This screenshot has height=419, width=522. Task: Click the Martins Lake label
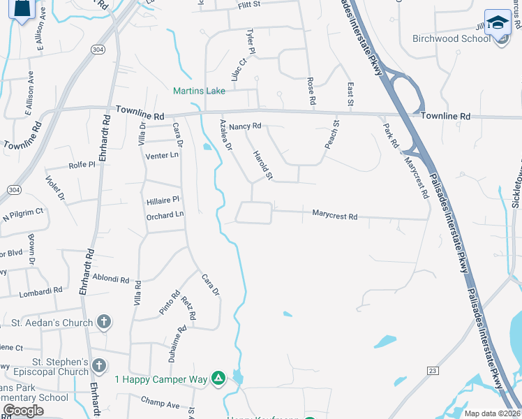(200, 91)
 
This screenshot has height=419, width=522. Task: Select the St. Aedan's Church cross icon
(103, 322)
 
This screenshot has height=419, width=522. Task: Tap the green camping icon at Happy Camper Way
(218, 379)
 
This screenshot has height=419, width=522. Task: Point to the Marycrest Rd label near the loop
(334, 216)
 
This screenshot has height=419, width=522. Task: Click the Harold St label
(262, 165)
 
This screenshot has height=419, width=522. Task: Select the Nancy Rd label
(245, 126)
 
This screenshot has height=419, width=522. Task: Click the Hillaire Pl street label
(163, 200)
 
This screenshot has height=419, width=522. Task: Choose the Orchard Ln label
(165, 216)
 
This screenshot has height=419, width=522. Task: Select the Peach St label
(331, 134)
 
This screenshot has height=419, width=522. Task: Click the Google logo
(24, 410)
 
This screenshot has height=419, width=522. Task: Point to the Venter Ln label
(162, 155)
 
